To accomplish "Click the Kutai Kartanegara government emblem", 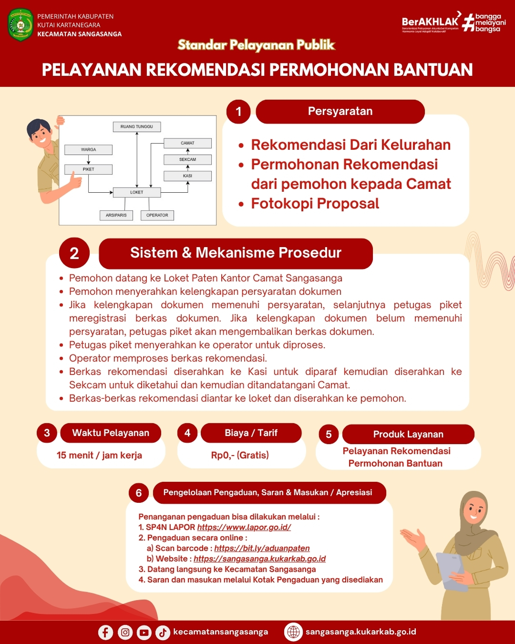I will (x=21, y=25).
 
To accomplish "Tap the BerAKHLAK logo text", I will (x=430, y=22).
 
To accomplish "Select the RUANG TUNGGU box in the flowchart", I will (x=137, y=127).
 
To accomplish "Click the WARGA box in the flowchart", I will (x=89, y=150).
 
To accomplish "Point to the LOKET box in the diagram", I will (x=137, y=192).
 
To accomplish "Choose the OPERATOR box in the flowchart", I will (x=157, y=215).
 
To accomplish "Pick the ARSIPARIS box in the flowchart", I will (x=116, y=215).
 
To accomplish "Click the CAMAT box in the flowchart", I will (x=187, y=143).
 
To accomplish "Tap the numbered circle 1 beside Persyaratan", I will (x=238, y=112).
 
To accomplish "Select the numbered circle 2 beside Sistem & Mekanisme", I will (x=74, y=253).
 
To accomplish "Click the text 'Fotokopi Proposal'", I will (x=315, y=204).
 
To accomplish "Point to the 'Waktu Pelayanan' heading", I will (x=111, y=433).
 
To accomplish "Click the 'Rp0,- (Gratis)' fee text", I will (x=240, y=455).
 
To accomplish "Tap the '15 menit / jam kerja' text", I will (x=99, y=455).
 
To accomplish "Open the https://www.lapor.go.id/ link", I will (x=244, y=527).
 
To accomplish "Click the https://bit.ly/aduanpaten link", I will (x=262, y=548).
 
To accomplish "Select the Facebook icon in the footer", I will (x=105, y=632).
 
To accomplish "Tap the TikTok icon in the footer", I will (x=163, y=632).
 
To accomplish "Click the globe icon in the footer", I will (x=293, y=632).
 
